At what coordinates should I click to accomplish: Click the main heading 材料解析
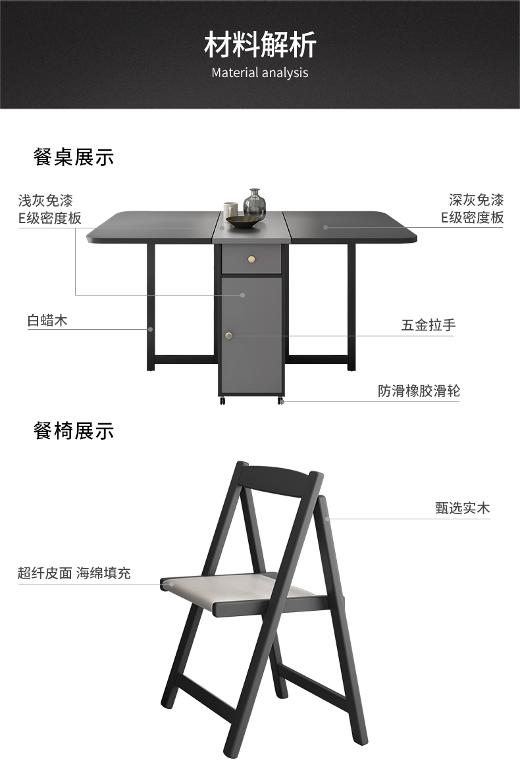(x=260, y=45)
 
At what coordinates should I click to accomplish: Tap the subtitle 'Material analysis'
(x=260, y=72)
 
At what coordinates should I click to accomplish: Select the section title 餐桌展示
(x=74, y=157)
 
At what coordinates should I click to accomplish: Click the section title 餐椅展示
(x=74, y=431)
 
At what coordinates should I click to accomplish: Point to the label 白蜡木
(x=47, y=321)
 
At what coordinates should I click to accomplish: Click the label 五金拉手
(x=429, y=325)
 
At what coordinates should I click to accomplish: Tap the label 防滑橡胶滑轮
(x=419, y=391)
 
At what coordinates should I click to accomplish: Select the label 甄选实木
(x=462, y=508)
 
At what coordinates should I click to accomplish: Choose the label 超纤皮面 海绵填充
(x=74, y=573)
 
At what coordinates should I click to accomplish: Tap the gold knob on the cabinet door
(x=229, y=336)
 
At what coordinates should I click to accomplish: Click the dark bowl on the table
(x=242, y=222)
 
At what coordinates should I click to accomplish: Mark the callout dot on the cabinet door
(x=244, y=296)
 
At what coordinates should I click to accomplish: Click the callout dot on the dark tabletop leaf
(x=325, y=227)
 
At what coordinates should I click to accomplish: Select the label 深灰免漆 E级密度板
(x=472, y=209)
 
